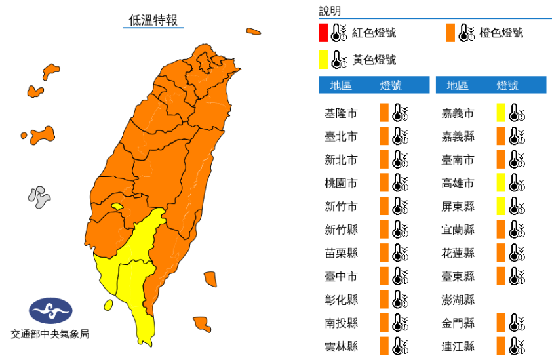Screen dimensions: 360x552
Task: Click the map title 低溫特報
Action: point(153,20)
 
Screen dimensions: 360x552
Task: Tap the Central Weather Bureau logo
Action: point(50,310)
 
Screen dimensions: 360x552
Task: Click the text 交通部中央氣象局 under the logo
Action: point(50,334)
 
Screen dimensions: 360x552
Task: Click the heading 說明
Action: point(330,11)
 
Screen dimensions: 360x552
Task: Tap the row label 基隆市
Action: point(341,113)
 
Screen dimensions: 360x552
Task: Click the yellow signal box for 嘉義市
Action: point(501,113)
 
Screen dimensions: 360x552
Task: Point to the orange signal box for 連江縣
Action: point(501,346)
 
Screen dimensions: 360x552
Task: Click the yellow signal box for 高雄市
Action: point(501,183)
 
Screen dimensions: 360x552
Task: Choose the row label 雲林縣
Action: point(341,346)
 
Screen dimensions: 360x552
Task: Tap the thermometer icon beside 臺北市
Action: point(400,136)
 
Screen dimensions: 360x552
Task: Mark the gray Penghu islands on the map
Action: point(39,197)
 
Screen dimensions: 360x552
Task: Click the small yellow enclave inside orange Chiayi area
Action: point(117,207)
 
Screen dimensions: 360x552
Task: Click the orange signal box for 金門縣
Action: point(501,323)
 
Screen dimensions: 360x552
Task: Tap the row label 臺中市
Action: point(341,276)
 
